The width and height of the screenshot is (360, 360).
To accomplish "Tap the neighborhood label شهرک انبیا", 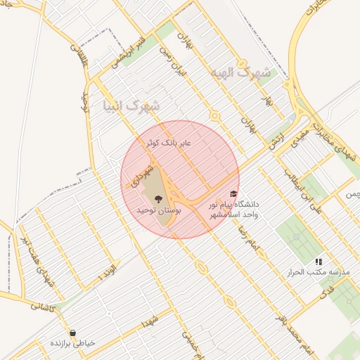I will coord(131,107).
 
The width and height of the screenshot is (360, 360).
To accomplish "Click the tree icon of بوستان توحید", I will coord(157,198).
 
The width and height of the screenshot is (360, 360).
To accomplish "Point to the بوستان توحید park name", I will coord(160,210).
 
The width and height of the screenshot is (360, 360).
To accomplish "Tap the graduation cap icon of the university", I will coord(233,194).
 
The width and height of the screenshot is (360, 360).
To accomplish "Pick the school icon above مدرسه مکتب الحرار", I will coord(319,262).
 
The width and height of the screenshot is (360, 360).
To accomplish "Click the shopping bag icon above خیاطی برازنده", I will coord(72,333).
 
